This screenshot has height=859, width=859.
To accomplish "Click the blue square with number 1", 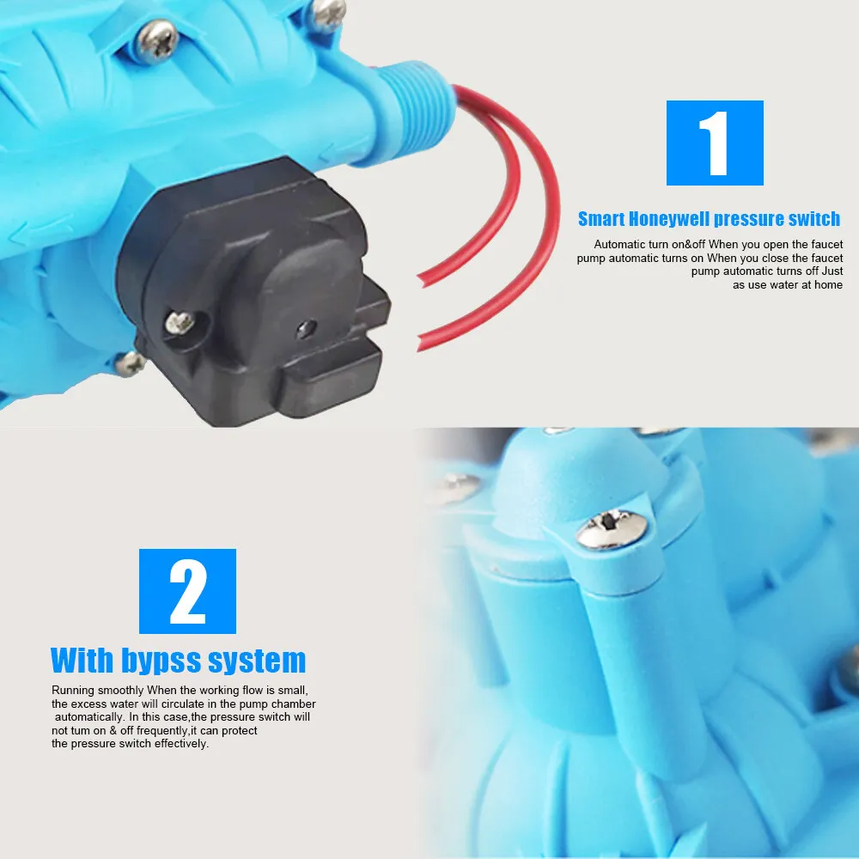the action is pos(715,143).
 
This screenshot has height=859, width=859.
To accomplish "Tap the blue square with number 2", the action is pos(187,591).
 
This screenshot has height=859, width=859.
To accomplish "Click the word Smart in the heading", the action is pos(601,219).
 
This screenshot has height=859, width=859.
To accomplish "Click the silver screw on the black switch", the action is pos(180,323).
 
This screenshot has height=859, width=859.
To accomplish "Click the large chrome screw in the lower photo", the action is pos(612,528).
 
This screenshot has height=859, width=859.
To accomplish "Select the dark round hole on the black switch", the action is pos(307,329).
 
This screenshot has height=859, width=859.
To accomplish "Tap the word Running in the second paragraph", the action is pos(73,691).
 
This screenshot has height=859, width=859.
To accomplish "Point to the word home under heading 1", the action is pos(828,285).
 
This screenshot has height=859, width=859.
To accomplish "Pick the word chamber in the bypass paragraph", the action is pos(293,704).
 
